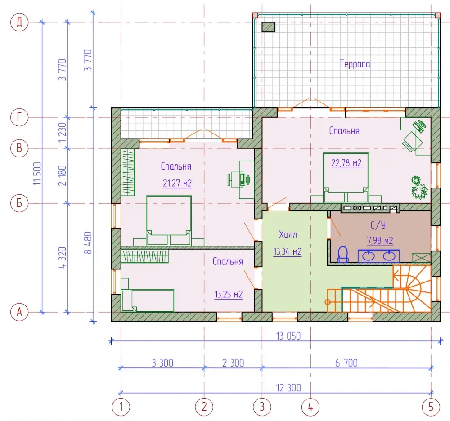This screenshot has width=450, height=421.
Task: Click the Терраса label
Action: (x=355, y=64)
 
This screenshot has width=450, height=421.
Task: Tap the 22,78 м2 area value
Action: (x=346, y=163)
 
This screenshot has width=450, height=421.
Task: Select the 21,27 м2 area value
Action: (x=177, y=183)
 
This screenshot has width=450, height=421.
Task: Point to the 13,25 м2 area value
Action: (x=229, y=294)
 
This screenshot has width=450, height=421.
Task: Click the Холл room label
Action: (x=288, y=235)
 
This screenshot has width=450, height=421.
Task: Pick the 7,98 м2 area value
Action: (x=380, y=240)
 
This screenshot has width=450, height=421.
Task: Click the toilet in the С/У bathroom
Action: (x=342, y=255)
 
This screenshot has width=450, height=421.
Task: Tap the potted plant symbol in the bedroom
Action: (x=419, y=188)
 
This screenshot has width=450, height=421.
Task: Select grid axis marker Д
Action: (x=19, y=22)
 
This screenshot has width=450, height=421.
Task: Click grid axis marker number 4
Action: (x=310, y=407)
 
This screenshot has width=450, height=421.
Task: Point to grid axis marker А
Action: (x=19, y=312)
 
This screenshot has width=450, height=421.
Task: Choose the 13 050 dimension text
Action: (x=288, y=336)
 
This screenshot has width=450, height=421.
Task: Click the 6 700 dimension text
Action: (x=346, y=363)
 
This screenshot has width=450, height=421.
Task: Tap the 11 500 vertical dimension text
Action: (x=37, y=174)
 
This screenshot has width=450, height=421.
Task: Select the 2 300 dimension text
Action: (x=233, y=363)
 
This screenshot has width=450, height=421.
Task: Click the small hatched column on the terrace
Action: (x=269, y=27)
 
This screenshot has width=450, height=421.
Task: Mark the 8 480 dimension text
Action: (x=88, y=242)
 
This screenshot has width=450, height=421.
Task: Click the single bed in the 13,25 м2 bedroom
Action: (x=148, y=300)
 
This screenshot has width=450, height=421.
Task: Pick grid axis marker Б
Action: (x=19, y=203)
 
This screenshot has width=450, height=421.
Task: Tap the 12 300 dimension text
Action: (x=288, y=388)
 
